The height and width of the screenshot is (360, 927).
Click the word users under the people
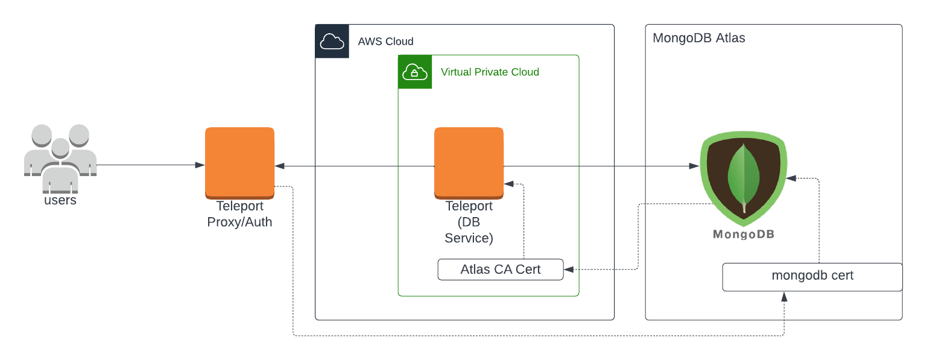coord(60,200)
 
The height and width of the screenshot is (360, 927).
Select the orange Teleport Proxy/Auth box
coord(239,162)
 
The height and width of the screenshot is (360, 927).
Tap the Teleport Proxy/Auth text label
coord(239,214)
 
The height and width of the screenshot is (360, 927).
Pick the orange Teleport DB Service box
coord(469,162)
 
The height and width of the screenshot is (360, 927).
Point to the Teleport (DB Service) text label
coord(469,222)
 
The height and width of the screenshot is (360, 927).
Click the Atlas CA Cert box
coord(500,270)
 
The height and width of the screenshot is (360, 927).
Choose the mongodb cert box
coord(812,276)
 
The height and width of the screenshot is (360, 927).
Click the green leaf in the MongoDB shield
coord(744,178)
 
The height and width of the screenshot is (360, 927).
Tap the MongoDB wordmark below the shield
coord(744,235)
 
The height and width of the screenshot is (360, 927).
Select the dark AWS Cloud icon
coord(332,41)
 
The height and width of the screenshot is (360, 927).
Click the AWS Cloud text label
coord(385,42)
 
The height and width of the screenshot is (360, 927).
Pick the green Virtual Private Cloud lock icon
coord(415,72)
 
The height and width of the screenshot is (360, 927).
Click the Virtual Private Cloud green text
coord(490,72)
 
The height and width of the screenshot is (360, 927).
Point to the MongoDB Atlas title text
coord(698,38)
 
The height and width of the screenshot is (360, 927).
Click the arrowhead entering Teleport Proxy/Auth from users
coord(200,165)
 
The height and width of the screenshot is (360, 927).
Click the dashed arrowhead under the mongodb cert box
coord(784,297)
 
